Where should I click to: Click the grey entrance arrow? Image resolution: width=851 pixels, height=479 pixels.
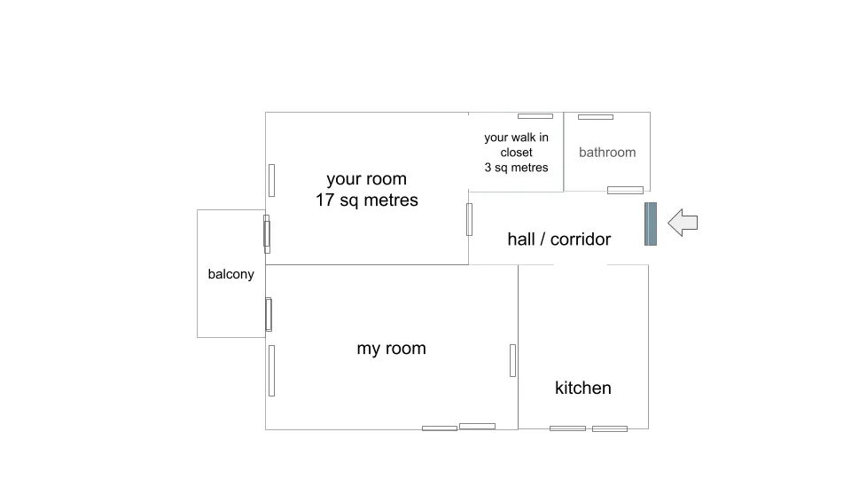pos(683,223)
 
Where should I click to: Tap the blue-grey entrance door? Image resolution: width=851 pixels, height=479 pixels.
pos(651,224)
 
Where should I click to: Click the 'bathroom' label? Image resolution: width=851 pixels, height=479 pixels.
pos(607,153)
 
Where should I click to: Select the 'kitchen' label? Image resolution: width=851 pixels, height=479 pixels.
pos(583,388)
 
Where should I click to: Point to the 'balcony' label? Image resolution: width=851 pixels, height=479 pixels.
pos(231,274)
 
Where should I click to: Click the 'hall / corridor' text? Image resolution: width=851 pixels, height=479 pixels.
pos(559,239)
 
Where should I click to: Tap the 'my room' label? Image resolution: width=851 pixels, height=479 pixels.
pos(391,349)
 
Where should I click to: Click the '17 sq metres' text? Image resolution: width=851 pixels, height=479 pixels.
pos(367,200)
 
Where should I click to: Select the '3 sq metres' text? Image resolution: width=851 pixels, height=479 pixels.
pos(516,168)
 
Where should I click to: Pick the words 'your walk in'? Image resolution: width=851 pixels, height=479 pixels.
pos(516,137)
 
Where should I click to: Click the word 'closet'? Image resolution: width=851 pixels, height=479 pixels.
pos(516,153)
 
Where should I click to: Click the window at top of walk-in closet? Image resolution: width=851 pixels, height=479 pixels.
pos(535,116)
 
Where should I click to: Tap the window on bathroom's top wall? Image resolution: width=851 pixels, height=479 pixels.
pos(596,117)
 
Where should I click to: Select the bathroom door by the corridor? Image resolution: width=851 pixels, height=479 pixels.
pos(625,190)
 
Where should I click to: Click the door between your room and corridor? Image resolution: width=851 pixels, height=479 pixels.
pos(470,219)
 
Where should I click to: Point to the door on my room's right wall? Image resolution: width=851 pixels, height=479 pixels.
pos(513,361)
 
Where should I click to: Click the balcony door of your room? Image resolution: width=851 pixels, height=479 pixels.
pos(267,234)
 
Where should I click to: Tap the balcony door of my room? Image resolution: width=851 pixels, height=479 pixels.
pos(269,314)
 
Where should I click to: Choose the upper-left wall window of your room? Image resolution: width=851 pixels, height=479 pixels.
pos(272,180)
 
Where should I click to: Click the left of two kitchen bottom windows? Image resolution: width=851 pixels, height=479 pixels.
pos(567,428)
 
